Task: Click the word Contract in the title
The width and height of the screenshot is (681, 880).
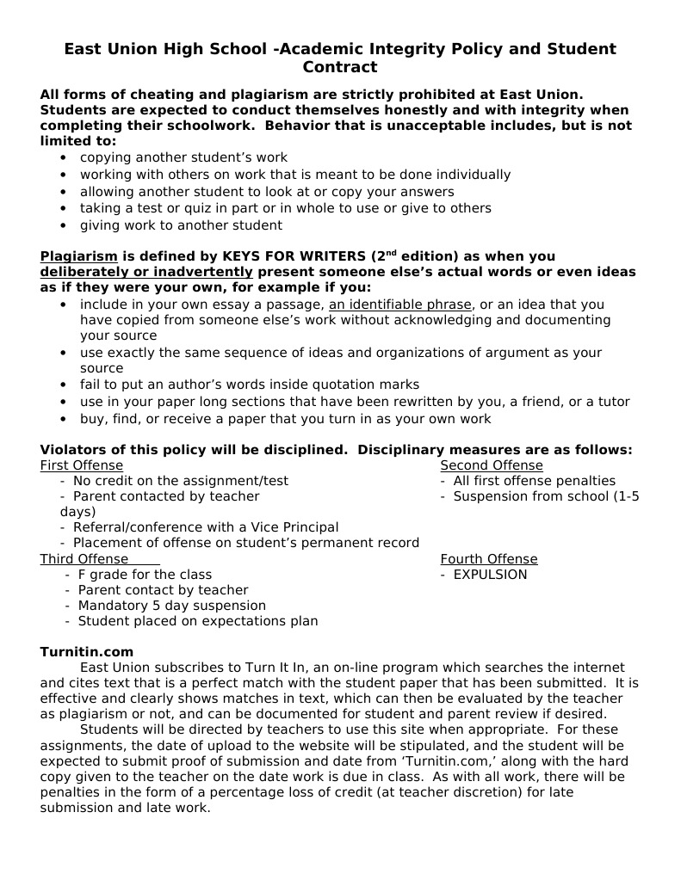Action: tap(340, 67)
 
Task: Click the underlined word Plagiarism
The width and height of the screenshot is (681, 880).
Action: tap(78, 256)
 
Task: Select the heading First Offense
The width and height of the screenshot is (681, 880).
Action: tap(81, 465)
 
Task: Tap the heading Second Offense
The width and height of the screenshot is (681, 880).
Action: tap(491, 465)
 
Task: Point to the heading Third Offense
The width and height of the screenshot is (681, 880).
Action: tap(84, 559)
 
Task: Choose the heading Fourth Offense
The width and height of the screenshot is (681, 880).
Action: tap(488, 559)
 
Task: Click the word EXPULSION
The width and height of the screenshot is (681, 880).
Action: tap(490, 575)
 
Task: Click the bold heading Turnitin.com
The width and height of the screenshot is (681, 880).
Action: tap(87, 652)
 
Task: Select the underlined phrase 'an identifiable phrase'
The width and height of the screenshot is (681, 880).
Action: tap(399, 305)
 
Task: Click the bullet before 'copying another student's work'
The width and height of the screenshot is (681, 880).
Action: tap(64, 158)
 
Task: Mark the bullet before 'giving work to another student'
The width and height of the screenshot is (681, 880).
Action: tap(64, 225)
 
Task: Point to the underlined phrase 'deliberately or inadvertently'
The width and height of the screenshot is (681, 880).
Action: tap(145, 272)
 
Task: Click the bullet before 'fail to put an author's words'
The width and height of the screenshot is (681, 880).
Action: tap(64, 385)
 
